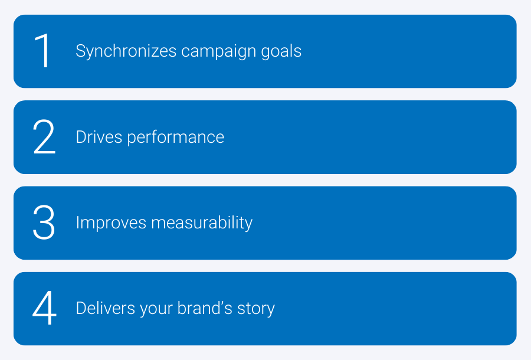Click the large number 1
point(43,51)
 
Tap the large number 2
point(44,137)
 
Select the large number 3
point(44,222)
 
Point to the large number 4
point(44,308)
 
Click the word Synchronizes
point(126,51)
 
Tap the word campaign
point(219,52)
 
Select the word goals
point(281,51)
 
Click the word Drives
point(99,137)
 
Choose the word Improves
point(111,223)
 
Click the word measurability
point(202,223)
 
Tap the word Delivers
point(106,308)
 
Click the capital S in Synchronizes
point(81,51)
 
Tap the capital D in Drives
point(81,137)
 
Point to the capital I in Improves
point(78,223)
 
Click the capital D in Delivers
point(81,309)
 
